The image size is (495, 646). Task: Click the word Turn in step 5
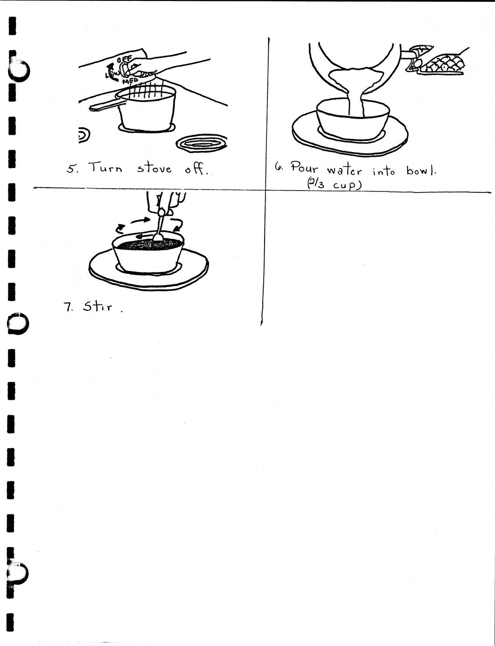coord(105,168)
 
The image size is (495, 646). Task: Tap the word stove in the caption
coord(154,169)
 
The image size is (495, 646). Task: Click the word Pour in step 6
coord(304,168)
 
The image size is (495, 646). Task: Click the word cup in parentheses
coord(344,185)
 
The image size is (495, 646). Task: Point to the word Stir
coord(98,306)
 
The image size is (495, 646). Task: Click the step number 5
coord(72,169)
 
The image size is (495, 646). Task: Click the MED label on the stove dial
coord(130,81)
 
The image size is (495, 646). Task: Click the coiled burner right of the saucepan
coord(201,144)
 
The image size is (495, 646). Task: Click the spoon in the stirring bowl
coord(160,225)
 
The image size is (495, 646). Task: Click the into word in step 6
coord(383,171)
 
